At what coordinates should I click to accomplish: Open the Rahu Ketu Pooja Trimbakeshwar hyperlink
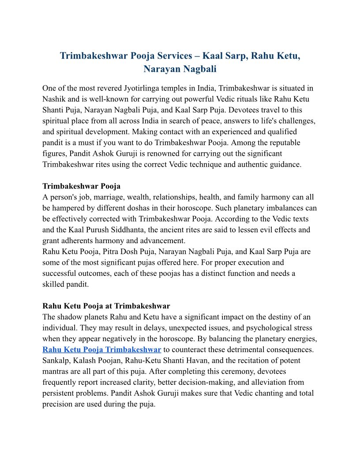click(101, 349)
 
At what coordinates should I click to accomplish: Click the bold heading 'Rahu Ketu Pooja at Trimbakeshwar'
click(106, 306)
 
